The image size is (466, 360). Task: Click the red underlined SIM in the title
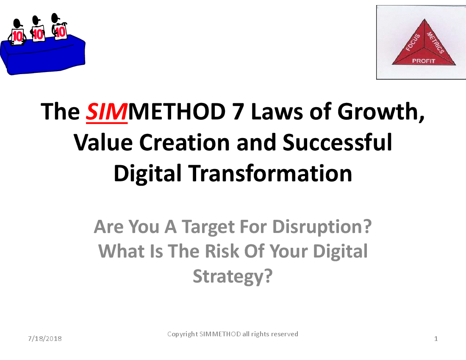[x=107, y=112]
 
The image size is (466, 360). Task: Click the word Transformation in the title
[x=270, y=173]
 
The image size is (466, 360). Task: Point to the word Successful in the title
[x=337, y=142]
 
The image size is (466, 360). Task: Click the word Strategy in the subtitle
[x=228, y=277]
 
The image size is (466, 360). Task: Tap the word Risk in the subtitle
[x=222, y=251]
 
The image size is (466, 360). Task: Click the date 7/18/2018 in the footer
[x=45, y=339]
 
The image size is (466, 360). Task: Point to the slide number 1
[x=436, y=339]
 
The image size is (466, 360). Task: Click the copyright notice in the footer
[x=233, y=334]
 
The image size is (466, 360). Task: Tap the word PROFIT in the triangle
[x=424, y=61]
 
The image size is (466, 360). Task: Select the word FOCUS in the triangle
[x=413, y=42]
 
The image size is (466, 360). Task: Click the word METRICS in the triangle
[x=435, y=42]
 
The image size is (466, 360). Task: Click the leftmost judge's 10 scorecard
[x=17, y=36]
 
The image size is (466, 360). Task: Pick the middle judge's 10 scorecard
[x=38, y=33]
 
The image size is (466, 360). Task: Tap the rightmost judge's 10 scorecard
[x=60, y=31]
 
